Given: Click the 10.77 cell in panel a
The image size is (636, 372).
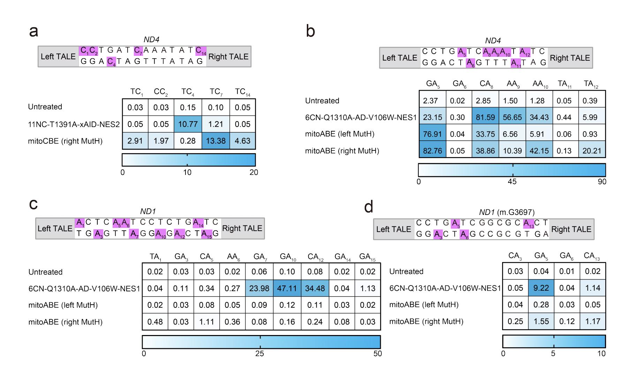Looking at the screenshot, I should coord(188,124).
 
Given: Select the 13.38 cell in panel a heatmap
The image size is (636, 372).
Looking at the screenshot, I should coord(216,141).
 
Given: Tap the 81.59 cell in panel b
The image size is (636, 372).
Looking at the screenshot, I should coord(485,118).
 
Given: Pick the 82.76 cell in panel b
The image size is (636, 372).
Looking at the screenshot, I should coord(432,151).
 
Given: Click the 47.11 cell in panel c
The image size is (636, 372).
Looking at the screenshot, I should coord(287,289).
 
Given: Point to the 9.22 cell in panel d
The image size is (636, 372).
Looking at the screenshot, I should coord(541,288).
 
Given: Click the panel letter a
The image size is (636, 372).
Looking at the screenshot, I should coord(34,31).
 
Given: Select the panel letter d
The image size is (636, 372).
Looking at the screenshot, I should coord(369,207).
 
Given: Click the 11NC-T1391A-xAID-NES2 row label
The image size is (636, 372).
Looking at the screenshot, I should coord(74,124).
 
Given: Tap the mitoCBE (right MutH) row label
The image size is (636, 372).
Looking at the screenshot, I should coord(65,141).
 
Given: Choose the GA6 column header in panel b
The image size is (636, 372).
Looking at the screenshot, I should coord(459,84).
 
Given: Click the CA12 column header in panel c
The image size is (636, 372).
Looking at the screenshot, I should coord(315,257).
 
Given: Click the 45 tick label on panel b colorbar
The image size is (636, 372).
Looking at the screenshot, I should coord(512,182).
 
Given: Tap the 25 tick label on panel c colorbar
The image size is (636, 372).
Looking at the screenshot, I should coord(260,354).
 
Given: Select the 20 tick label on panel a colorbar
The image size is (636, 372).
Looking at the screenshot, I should coord(254,172).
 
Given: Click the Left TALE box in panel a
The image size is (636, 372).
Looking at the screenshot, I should coord(58,57).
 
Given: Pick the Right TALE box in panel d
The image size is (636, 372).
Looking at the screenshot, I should coord(571,229).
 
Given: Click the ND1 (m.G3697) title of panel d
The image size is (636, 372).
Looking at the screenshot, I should coord(506,212).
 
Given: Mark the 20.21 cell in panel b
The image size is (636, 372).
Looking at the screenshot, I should coord(592,151).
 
